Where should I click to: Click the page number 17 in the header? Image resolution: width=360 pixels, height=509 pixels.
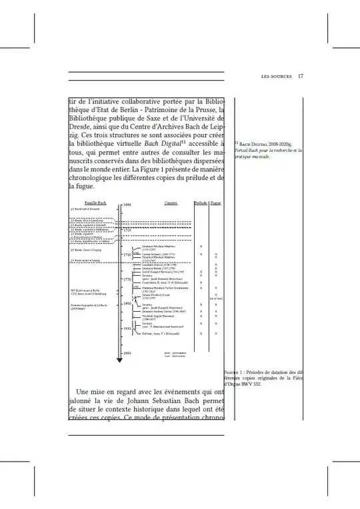[x=301, y=77]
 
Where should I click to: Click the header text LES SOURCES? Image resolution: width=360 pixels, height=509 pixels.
[x=277, y=77]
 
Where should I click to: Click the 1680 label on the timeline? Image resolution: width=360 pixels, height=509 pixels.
[x=127, y=205]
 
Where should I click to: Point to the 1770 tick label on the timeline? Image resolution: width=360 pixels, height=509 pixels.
[x=127, y=279]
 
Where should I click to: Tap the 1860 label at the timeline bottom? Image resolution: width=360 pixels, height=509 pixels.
[x=127, y=353]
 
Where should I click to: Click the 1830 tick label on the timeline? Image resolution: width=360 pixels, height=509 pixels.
[x=127, y=328]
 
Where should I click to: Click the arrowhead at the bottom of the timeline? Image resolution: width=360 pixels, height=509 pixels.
[x=119, y=360]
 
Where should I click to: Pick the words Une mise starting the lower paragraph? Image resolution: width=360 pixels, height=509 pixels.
[x=92, y=391]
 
